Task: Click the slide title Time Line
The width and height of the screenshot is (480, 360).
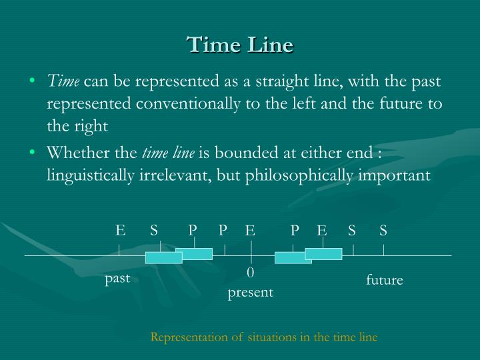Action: [x=240, y=45]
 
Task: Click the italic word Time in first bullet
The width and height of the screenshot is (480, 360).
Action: [x=63, y=83]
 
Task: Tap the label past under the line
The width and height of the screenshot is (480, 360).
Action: [x=117, y=278]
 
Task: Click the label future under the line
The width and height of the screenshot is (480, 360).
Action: [x=385, y=280]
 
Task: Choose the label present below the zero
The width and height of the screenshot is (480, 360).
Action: [x=251, y=292]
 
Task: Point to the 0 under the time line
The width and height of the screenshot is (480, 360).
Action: [x=251, y=273]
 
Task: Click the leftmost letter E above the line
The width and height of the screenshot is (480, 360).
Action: [x=120, y=231]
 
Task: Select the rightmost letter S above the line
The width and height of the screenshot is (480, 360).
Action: [x=383, y=231]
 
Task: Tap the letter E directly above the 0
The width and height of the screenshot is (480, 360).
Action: [x=251, y=231]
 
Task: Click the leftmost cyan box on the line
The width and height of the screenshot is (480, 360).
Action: [x=164, y=258]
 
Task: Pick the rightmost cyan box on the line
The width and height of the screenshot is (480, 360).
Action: [x=323, y=253]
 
